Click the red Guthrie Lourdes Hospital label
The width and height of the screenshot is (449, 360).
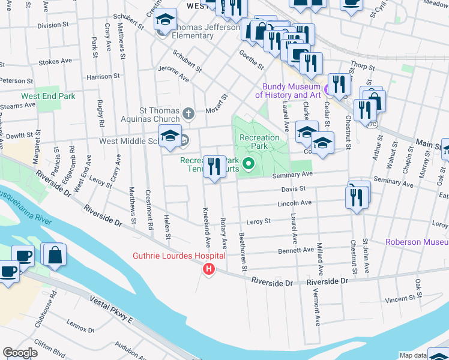pyautogui.click(x=179, y=256)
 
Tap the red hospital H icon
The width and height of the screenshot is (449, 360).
pyautogui.click(x=209, y=269)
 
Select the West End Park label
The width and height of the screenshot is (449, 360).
pyautogui.click(x=48, y=96)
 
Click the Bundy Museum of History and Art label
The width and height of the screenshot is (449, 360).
pyautogui.click(x=288, y=91)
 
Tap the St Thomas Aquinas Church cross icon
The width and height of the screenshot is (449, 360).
pyautogui.click(x=188, y=113)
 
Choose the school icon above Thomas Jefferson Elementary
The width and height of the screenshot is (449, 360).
pyautogui.click(x=166, y=20)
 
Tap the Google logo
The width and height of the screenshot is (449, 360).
pyautogui.click(x=20, y=353)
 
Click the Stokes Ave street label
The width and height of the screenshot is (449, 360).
pyautogui.click(x=55, y=61)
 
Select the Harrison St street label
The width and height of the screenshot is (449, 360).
pyautogui.click(x=99, y=77)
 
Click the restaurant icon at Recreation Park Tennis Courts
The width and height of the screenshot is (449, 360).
pyautogui.click(x=214, y=166)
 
